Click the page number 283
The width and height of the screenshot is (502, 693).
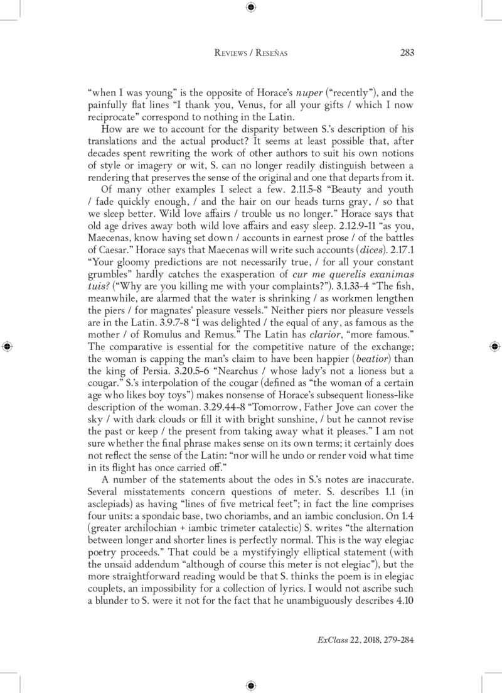coord(407,53)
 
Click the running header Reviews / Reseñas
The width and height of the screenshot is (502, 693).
coord(251,53)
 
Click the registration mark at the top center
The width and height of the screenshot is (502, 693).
coord(251,8)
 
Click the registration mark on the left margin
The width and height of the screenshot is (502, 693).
coord(6,346)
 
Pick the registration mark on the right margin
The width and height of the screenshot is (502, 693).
coord(495,346)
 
